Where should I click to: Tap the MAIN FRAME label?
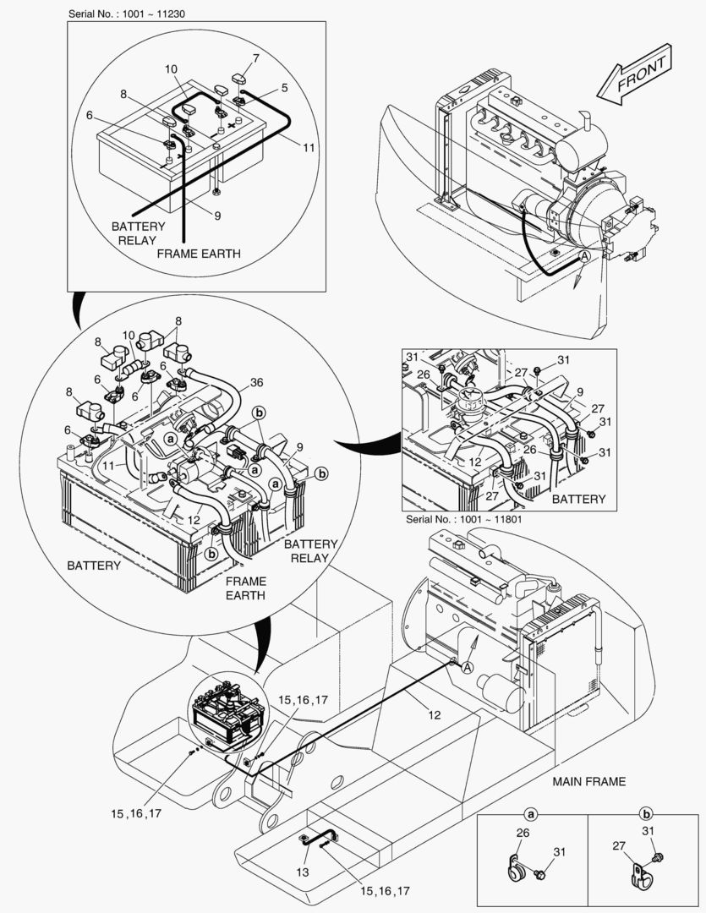click(x=589, y=781)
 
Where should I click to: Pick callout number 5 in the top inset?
click(x=284, y=86)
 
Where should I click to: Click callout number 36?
click(x=256, y=383)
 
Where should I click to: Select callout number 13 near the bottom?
click(x=303, y=872)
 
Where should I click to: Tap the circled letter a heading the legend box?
click(x=532, y=815)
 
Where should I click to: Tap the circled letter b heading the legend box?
click(x=646, y=815)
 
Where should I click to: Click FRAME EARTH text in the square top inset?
click(x=199, y=253)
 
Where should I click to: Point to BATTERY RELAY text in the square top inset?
click(x=138, y=233)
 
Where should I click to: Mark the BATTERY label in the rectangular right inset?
click(x=578, y=499)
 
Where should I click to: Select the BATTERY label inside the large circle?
click(x=93, y=565)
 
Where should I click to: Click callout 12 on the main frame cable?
click(x=435, y=714)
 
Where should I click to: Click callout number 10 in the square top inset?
click(x=171, y=68)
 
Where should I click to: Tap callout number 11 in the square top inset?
click(x=309, y=147)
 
